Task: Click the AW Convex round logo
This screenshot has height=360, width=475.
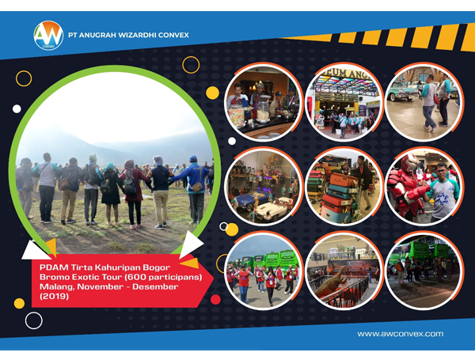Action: tap(48, 36)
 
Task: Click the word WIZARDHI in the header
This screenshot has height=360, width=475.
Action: tap(137, 35)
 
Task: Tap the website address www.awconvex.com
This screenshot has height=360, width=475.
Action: tap(400, 334)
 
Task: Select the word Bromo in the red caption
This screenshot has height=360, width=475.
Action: tap(52, 277)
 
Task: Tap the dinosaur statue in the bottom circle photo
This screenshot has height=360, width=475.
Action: tap(332, 282)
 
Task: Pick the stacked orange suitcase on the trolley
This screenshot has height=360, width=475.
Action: tap(343, 180)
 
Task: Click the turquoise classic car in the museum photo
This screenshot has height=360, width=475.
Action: tap(403, 90)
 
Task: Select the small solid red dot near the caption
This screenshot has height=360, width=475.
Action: tap(215, 299)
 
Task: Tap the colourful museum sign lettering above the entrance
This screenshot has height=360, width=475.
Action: tap(346, 74)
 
